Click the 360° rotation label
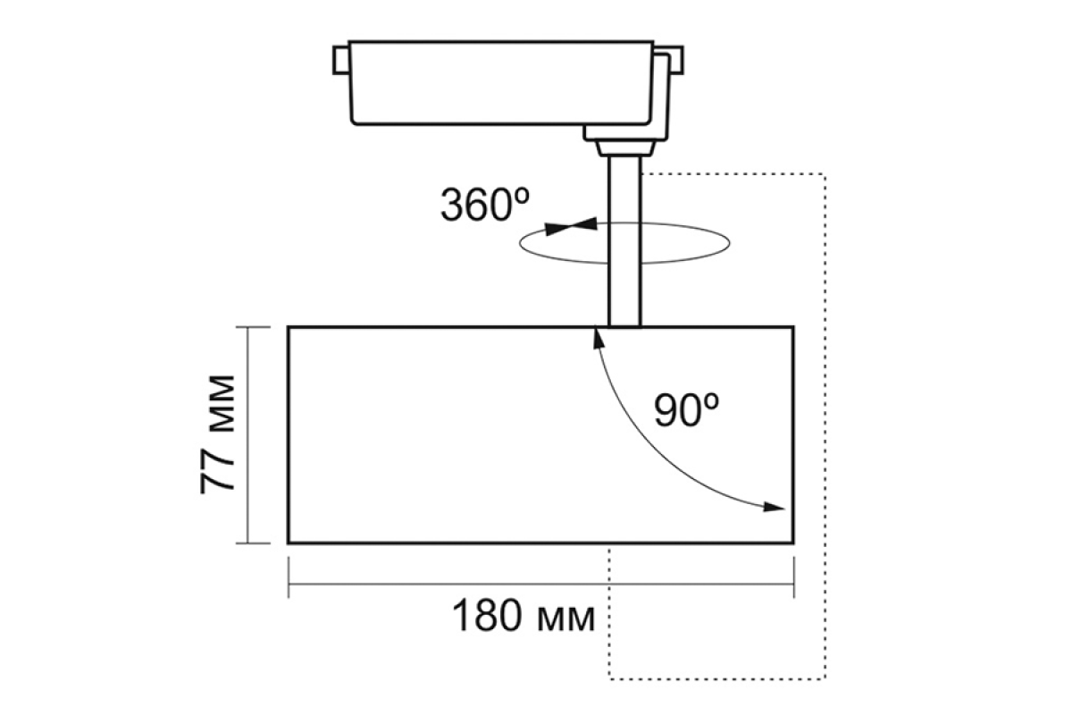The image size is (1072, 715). click(485, 205)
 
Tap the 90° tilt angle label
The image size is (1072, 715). click(687, 410)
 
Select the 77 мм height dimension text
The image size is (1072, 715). click(217, 435)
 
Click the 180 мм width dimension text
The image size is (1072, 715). click(524, 616)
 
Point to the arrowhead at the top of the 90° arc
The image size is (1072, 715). click(599, 338)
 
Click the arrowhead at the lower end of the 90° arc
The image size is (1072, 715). click(774, 507)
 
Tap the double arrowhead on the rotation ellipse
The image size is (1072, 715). click(572, 226)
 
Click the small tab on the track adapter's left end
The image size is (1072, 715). click(341, 61)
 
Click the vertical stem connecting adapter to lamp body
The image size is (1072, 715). click(624, 241)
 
